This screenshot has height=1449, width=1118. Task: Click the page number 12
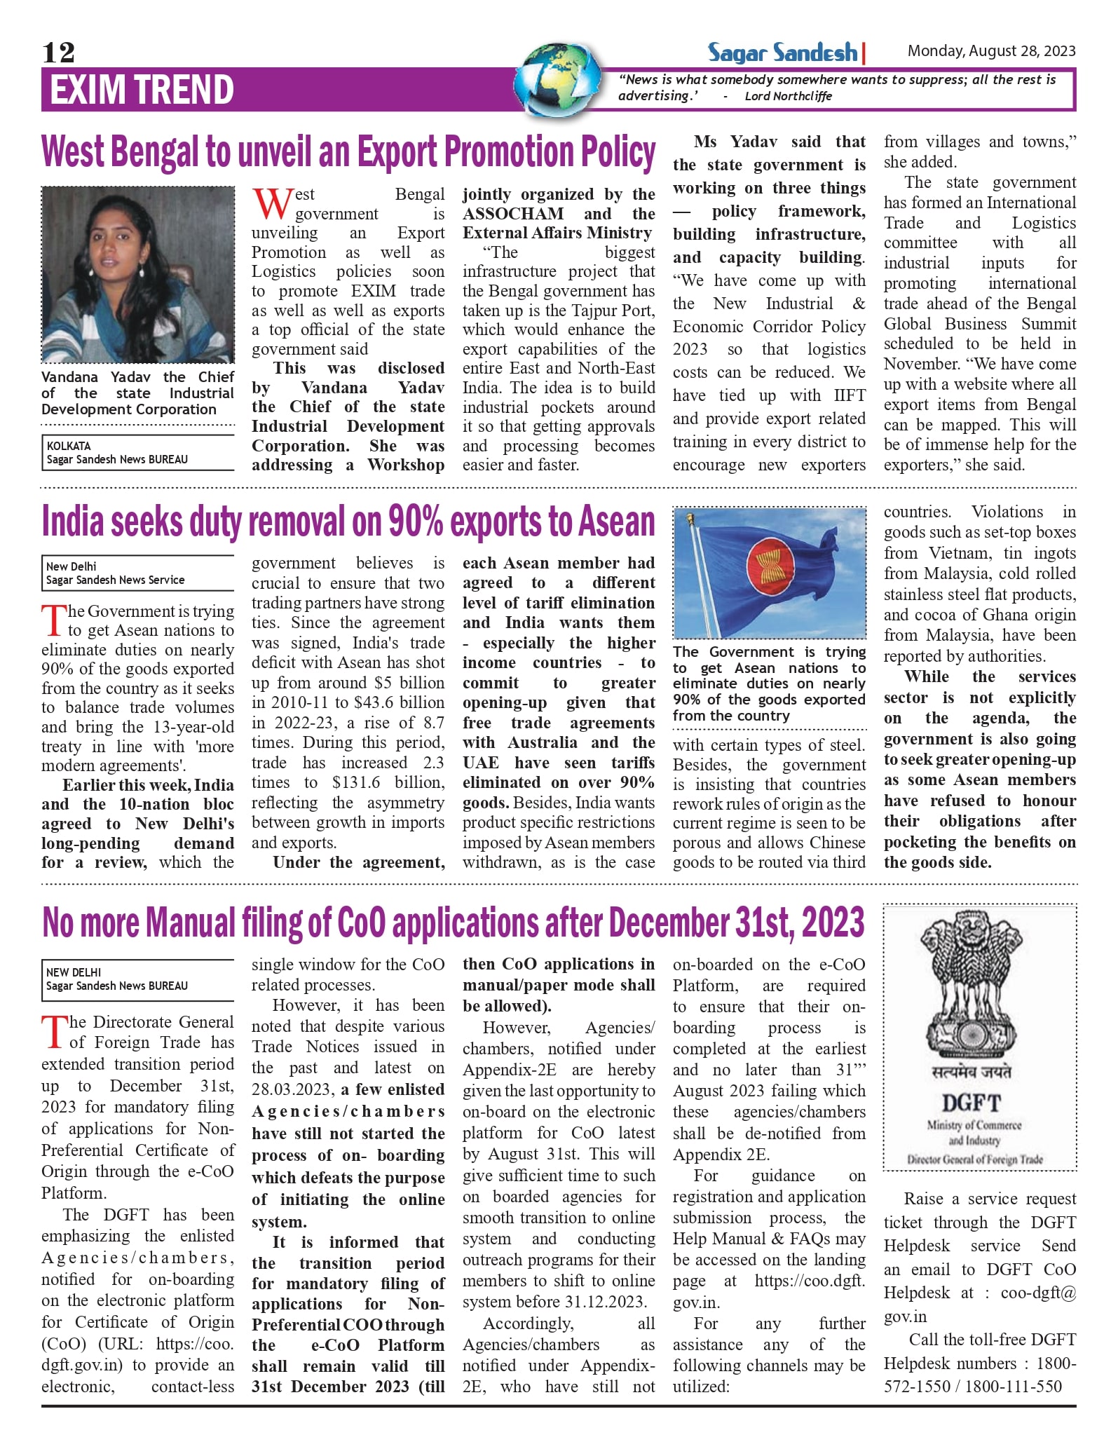pos(58,53)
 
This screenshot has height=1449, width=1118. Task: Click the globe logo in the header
pos(558,78)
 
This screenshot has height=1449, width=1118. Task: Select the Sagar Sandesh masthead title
pos(782,53)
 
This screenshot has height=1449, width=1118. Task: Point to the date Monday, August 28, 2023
pos(991,50)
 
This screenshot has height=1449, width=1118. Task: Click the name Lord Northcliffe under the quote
pos(788,96)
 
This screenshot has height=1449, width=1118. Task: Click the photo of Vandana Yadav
pos(138,274)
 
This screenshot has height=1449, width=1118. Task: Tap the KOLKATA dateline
pos(69,446)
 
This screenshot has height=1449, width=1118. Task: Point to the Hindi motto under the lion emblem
pos(972,1072)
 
